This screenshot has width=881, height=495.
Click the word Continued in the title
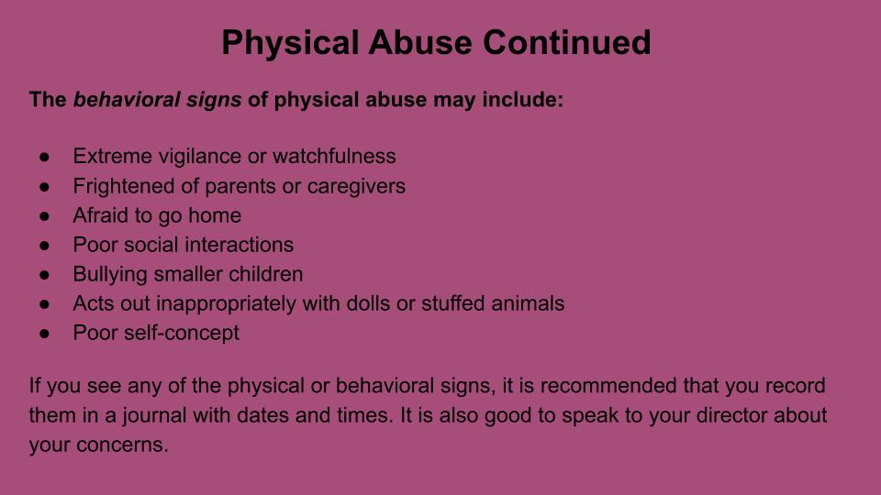pos(566,43)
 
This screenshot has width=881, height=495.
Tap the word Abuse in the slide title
pos(419,43)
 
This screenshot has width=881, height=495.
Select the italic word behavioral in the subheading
pos(127,99)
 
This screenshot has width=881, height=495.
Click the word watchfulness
pos(334,156)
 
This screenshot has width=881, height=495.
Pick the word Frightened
pos(124,186)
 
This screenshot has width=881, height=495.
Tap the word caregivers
pos(356,186)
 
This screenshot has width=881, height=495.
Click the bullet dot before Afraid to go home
pos(44,216)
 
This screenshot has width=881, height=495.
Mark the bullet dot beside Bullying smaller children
pos(44,275)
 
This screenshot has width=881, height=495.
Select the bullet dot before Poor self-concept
pos(44,334)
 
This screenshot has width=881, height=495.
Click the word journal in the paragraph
pos(154,416)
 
